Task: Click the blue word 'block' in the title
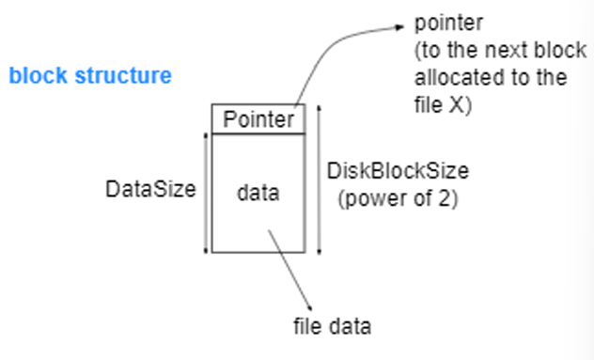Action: coord(34,75)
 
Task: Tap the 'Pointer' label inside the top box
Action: coord(258,119)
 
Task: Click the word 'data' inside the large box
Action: coord(258,194)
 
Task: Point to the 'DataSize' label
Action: coord(150,189)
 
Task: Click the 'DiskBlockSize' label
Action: coord(398,172)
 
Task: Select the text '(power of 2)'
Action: coord(398,198)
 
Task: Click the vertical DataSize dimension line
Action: coord(205,193)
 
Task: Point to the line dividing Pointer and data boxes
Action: coord(258,133)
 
